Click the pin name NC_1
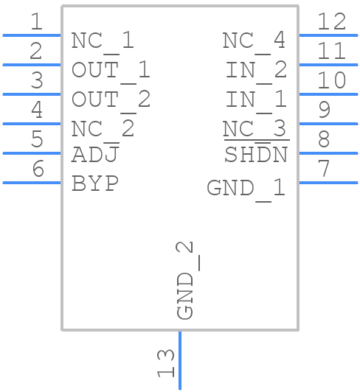103,41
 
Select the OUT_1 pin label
111,70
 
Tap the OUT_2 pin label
111,99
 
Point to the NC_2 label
103,129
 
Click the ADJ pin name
95,155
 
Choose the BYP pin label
95,183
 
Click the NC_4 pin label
254,41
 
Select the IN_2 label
256,70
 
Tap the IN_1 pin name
256,99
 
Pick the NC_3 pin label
254,129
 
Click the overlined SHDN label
255,155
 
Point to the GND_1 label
246,188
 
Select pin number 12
331,22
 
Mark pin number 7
323,169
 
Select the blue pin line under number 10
328,94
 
